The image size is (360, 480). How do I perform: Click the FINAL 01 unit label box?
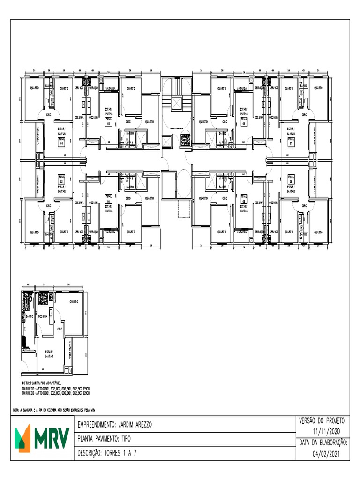click(x=61, y=142)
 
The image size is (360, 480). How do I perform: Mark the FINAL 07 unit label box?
click(x=291, y=142)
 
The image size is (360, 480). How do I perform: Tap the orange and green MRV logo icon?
click(x=22, y=438)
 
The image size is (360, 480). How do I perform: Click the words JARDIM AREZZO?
click(x=134, y=425)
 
